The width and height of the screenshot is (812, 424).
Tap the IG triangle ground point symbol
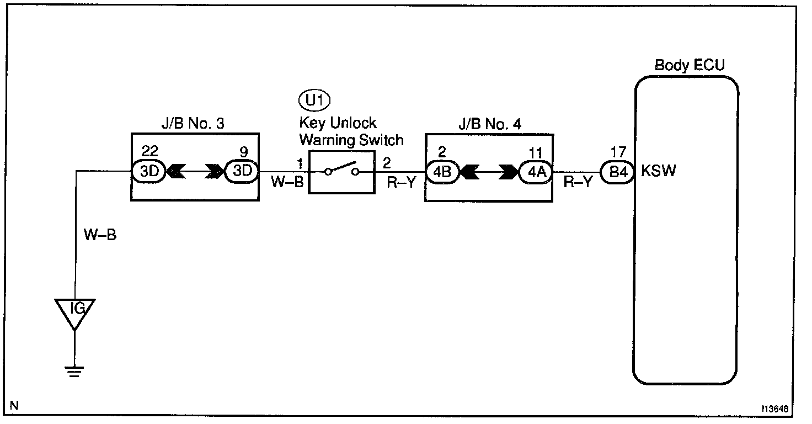(74, 311)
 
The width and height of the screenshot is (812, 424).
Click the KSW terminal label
(658, 171)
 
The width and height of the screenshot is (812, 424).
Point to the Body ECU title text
(689, 65)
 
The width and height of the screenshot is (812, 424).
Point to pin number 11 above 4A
(536, 152)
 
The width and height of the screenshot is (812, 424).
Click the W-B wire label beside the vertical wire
(100, 236)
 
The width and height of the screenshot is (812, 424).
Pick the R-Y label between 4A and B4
(578, 183)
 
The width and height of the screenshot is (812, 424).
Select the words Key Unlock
(338, 123)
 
